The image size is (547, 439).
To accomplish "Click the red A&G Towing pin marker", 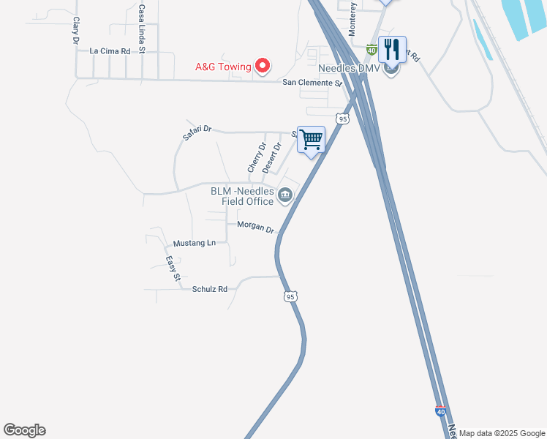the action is coord(263,67).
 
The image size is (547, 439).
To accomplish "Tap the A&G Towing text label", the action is coord(223,67).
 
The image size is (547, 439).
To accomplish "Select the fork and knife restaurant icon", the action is coord(392,50).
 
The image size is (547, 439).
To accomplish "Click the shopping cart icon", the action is coord(312,139).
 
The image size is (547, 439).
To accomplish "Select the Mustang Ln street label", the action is coord(195,243).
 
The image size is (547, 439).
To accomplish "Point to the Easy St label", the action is coord(173,269).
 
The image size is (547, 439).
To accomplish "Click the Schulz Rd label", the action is coord(210,289).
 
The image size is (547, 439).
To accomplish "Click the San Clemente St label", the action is coord(313,83).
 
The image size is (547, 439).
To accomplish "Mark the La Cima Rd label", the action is coord(110,51).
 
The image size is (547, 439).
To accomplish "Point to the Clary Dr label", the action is coord(75,31).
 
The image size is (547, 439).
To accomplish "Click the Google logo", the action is coord(24,430).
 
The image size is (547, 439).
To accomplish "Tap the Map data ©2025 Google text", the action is coord(502,433).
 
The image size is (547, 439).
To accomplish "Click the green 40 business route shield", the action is coord(371,50).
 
